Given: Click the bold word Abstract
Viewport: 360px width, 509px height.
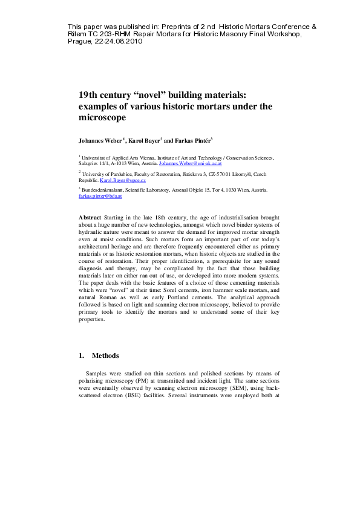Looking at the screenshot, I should (90, 216).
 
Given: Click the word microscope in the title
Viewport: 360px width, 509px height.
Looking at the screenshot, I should (102, 118).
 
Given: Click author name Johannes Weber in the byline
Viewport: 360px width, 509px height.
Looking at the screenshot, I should (100, 140).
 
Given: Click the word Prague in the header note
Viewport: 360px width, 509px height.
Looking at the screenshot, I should (78, 42).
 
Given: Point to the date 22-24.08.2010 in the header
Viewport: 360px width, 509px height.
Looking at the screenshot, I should (125, 42).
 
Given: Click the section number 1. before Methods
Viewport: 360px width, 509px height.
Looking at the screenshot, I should (82, 355).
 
